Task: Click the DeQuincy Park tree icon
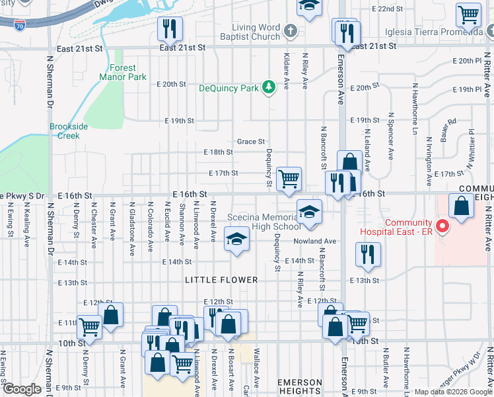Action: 268,87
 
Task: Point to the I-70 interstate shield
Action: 20,25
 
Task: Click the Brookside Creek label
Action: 64,131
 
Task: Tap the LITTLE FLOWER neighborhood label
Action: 221,280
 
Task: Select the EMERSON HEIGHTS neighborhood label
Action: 300,387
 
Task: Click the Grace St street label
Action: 251,142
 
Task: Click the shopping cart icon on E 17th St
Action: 289,179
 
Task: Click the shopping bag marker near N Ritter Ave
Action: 460,206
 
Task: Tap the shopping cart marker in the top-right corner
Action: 468,14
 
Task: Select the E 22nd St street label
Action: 388,9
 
